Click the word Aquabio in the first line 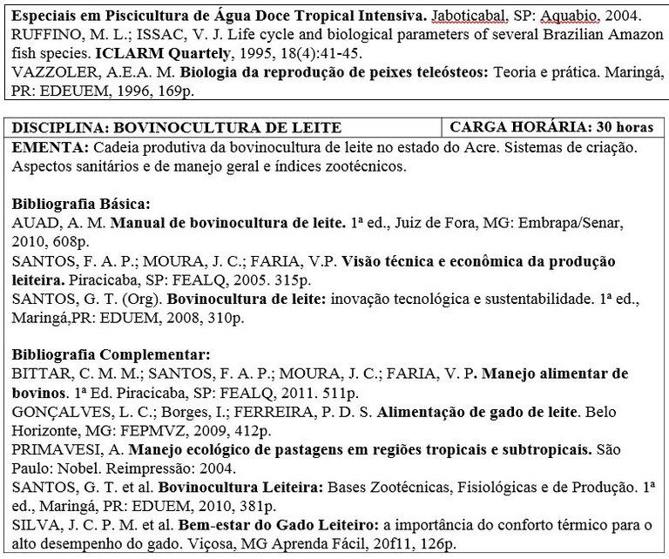pyautogui.click(x=538, y=17)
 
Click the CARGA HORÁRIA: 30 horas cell pyautogui.click(x=551, y=128)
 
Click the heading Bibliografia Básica pyautogui.click(x=81, y=204)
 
